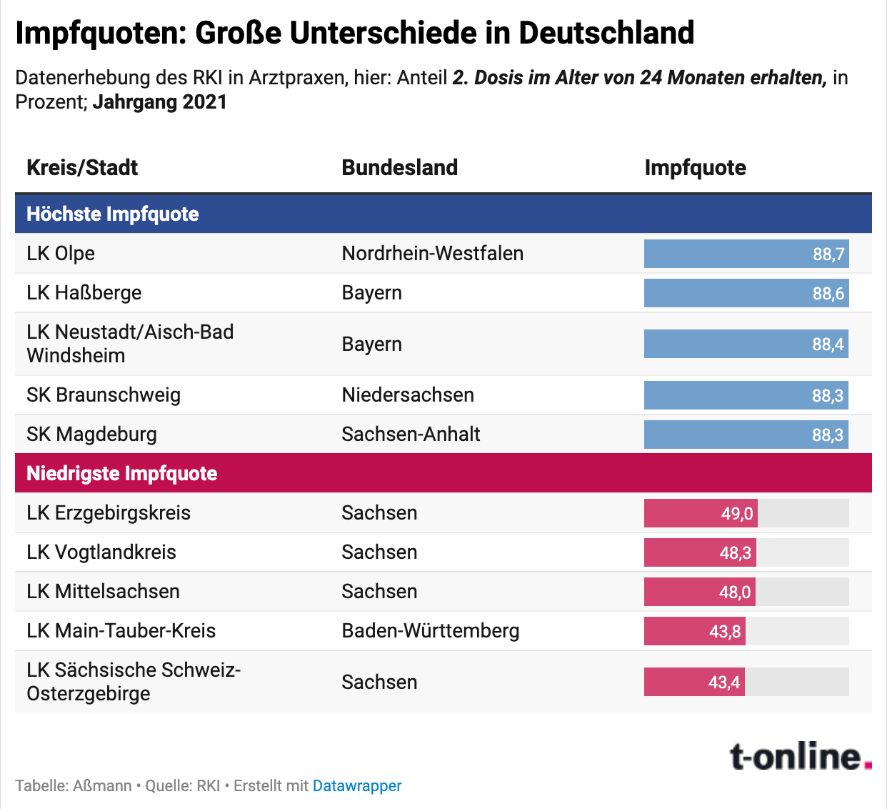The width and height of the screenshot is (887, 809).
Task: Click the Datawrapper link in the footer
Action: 357,786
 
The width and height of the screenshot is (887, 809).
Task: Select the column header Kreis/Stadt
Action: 82,168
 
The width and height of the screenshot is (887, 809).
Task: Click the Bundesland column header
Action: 399,168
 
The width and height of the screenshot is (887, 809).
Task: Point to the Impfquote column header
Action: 695,168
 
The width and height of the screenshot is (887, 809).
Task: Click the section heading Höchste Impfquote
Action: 113,214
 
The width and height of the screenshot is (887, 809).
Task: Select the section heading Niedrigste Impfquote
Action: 122,474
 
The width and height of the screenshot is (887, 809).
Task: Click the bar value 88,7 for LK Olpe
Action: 828,254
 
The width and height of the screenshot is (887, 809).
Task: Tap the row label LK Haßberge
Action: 84,293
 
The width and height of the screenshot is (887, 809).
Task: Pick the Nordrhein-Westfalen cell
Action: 432,254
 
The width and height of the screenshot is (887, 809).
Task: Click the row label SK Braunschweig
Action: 104,395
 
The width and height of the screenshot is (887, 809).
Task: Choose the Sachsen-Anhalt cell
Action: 411,435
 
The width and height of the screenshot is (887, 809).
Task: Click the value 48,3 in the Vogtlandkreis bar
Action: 735,553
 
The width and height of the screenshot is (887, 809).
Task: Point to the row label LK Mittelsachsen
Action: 103,592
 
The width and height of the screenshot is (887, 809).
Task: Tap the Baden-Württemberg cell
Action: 430,631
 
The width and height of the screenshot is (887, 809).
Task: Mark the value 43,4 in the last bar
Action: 724,683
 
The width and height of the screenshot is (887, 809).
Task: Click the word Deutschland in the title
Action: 606,33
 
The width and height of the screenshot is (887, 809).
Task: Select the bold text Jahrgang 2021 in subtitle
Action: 159,102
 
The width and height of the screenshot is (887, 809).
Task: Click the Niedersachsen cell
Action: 407,395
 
